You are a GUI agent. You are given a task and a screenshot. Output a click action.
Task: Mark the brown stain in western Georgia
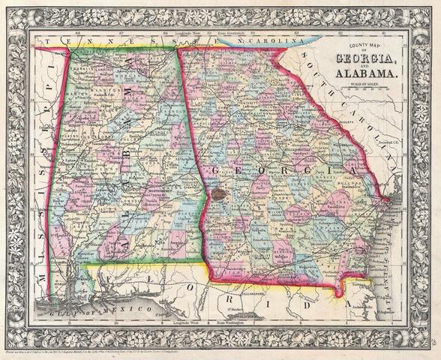[218, 193]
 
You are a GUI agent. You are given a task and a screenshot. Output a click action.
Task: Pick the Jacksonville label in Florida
[368, 306]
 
